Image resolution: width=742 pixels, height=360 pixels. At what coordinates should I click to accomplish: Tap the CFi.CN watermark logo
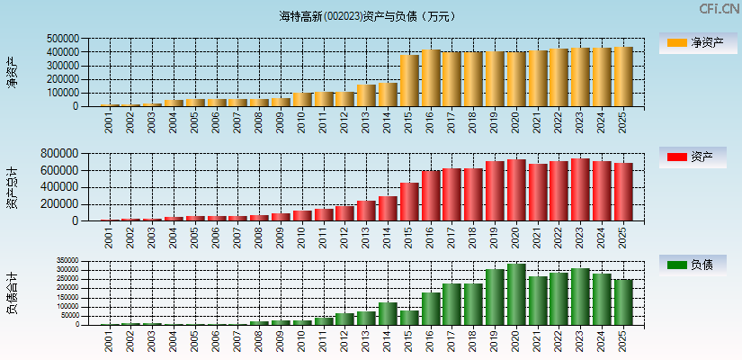click(719, 9)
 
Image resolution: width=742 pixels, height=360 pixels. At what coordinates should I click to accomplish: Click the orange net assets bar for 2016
click(431, 78)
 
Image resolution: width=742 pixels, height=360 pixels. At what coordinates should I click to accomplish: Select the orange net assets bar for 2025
click(623, 76)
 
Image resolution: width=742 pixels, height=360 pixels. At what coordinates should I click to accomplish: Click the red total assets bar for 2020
click(516, 190)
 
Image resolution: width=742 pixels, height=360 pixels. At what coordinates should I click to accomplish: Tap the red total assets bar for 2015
click(409, 202)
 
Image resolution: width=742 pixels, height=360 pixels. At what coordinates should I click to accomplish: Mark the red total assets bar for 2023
click(580, 189)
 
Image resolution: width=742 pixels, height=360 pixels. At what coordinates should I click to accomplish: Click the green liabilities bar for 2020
click(516, 294)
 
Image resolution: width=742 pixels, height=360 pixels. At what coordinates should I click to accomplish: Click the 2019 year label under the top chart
click(494, 121)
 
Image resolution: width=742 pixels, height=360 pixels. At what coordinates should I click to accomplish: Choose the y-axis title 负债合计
click(12, 292)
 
